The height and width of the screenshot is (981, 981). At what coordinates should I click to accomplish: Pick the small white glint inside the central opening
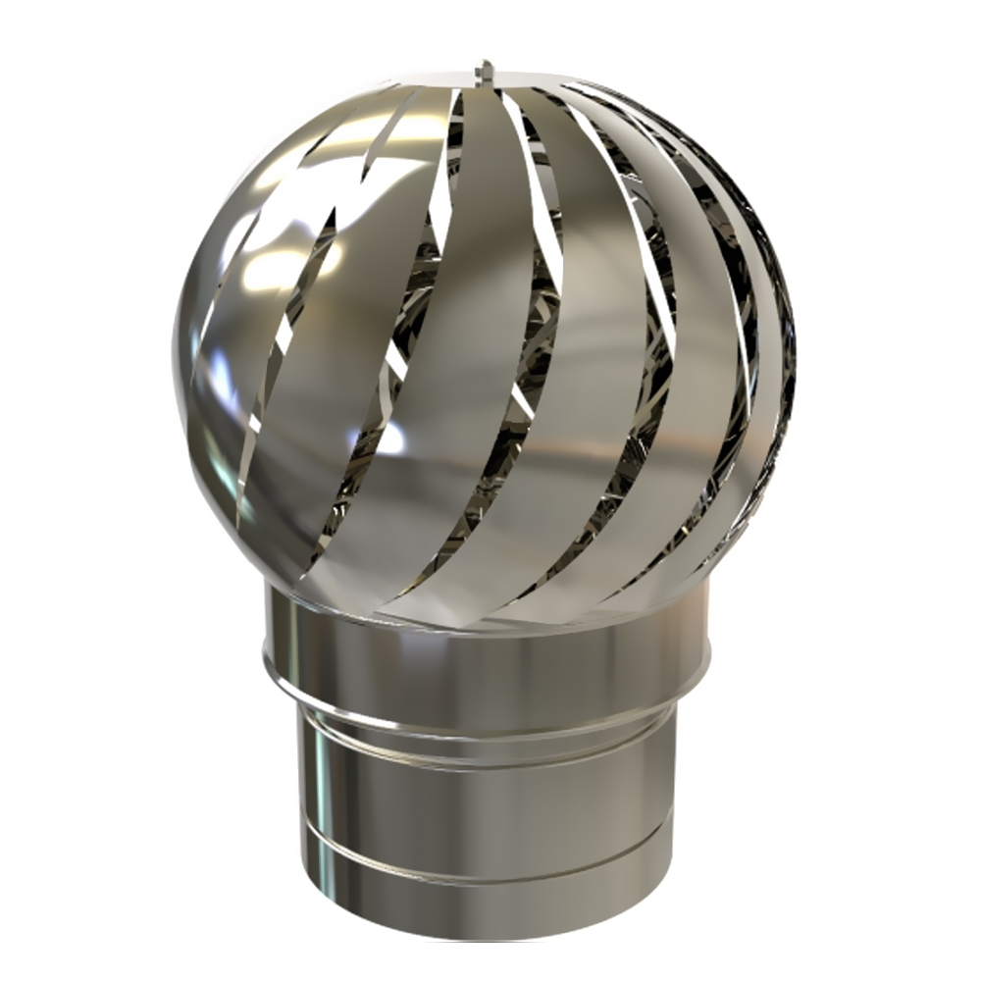[x=392, y=441]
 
